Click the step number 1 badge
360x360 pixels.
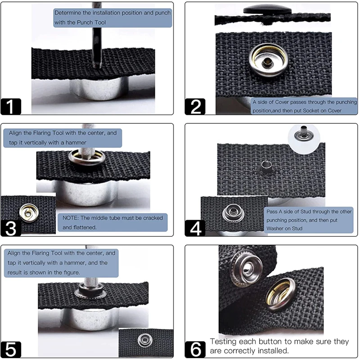pyautogui.click(x=11, y=107)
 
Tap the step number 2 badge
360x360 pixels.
pyautogui.click(x=195, y=107)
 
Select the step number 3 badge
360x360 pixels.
pyautogui.click(x=11, y=228)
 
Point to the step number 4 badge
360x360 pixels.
pyautogui.click(x=195, y=228)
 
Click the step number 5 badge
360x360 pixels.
pyautogui.click(x=11, y=350)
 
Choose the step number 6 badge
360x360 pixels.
pyautogui.click(x=195, y=350)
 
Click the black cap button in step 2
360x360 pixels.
pyautogui.click(x=267, y=9)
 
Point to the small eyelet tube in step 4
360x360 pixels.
pyautogui.click(x=266, y=166)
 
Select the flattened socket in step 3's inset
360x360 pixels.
pyautogui.click(x=29, y=212)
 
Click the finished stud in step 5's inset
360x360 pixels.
pyautogui.click(x=145, y=340)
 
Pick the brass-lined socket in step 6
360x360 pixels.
pyautogui.click(x=281, y=294)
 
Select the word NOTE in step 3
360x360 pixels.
pyautogui.click(x=70, y=218)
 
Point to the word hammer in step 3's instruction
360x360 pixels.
pyautogui.click(x=76, y=143)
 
